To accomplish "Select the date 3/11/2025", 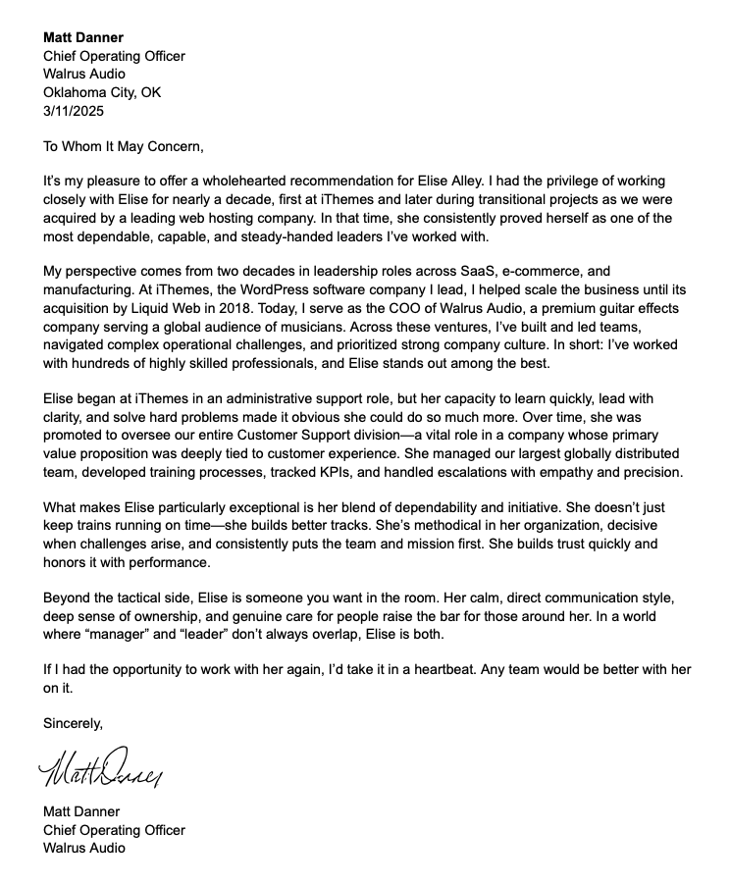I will [74, 111].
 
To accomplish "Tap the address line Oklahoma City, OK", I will [102, 92].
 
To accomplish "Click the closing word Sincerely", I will [73, 724].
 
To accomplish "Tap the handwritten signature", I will [101, 767].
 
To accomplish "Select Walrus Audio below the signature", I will [84, 847].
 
